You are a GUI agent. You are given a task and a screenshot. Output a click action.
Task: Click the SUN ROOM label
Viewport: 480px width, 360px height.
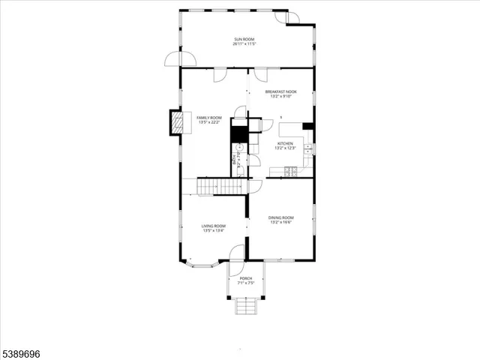pyautogui.click(x=244, y=39)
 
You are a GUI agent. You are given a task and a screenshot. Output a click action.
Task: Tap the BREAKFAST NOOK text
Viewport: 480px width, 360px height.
pyautogui.click(x=280, y=91)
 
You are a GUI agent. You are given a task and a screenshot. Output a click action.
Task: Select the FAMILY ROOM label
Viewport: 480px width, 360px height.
pyautogui.click(x=209, y=118)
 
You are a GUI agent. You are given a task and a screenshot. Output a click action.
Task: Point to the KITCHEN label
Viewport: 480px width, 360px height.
pyautogui.click(x=286, y=144)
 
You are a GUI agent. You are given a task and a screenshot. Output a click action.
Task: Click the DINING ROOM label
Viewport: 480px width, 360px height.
pyautogui.click(x=281, y=217)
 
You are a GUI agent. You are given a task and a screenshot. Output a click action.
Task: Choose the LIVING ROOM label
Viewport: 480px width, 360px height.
pyautogui.click(x=213, y=226)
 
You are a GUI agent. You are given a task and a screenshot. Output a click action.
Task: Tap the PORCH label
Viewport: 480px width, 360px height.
pyautogui.click(x=246, y=278)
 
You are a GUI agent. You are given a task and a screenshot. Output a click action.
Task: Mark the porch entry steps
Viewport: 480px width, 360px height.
pyautogui.click(x=246, y=307)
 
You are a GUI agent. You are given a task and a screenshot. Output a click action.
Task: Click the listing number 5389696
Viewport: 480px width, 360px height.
pyautogui.click(x=23, y=351)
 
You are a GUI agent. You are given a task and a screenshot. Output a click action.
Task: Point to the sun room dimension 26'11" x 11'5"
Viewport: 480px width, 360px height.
pyautogui.click(x=244, y=44)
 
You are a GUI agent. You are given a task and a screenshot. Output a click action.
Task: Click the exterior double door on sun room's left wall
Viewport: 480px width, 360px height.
pyautogui.click(x=181, y=58)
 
